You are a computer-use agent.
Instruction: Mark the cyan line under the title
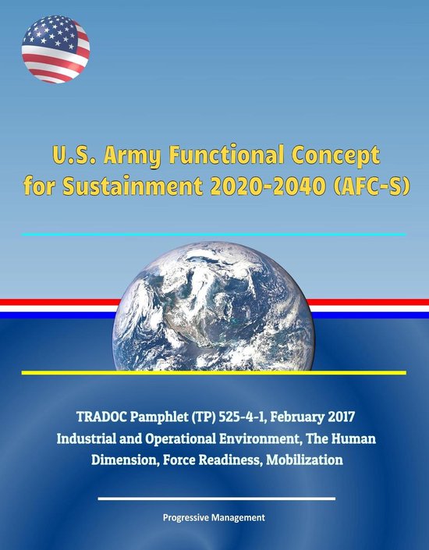pos(214,234)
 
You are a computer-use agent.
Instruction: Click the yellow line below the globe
pos(214,373)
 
